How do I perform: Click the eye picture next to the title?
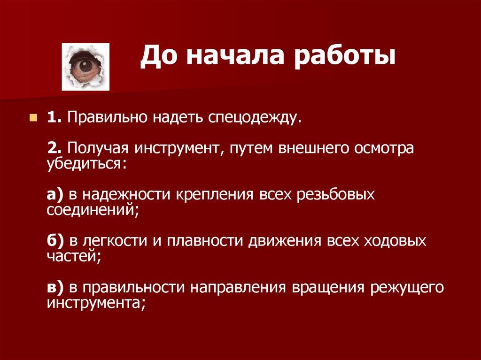86,66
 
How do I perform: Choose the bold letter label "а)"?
55,195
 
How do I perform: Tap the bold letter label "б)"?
55,241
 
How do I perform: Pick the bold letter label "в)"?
55,287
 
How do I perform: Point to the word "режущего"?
407,287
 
